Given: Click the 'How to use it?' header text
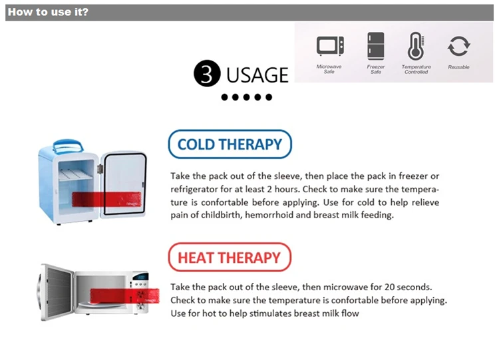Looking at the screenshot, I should [47, 12].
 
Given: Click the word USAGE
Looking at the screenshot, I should [257, 75].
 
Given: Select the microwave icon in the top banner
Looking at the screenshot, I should [329, 46].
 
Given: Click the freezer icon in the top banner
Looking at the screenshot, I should [376, 46].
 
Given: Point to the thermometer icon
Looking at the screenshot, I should [416, 46].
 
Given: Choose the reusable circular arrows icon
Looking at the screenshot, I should [458, 46].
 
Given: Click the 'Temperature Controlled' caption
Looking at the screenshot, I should [416, 69].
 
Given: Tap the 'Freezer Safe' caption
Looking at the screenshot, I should [376, 69].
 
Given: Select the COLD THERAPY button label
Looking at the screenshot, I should [230, 144].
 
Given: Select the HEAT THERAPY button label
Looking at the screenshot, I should [230, 258].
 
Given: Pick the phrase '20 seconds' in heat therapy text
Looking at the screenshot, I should [408, 287].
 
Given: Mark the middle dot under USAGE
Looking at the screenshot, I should [246, 97].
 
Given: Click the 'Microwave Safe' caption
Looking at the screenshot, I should [329, 69].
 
